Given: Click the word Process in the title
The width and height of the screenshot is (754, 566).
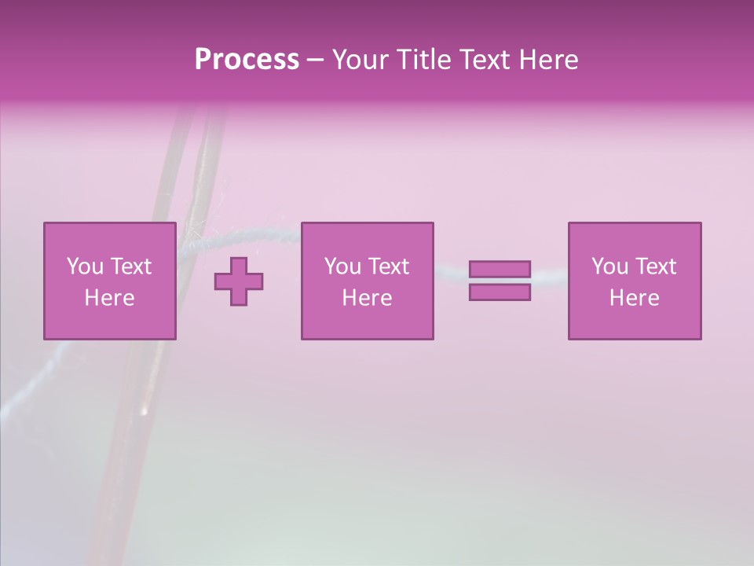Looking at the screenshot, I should coord(247,60).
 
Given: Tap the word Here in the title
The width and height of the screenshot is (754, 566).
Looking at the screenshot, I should coord(547,60).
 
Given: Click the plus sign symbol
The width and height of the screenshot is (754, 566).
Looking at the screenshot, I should coord(239,281).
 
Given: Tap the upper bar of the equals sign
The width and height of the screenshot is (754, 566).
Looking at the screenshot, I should coord(500,270).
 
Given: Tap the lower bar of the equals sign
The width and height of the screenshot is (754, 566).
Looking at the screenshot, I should coord(500,292).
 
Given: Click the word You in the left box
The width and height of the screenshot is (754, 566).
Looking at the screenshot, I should coord(85,266).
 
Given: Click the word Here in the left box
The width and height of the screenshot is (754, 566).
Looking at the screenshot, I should coord(109,298).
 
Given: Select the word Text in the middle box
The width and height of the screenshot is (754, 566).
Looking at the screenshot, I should coord(390,266).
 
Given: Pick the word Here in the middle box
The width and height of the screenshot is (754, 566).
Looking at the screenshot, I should coord(367,298).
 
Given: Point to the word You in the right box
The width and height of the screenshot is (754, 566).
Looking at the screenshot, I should coord(609,266).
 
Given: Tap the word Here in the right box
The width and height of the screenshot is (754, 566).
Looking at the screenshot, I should coord(634,298).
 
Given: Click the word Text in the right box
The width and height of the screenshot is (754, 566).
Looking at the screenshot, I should coord(657,266).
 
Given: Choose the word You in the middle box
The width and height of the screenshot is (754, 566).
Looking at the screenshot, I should coord(342,266).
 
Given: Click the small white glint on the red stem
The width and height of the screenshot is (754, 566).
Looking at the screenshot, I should coord(143,410).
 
